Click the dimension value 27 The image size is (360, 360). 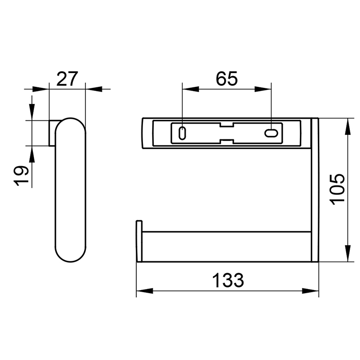pyautogui.click(x=67, y=79)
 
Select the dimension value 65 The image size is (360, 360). pyautogui.click(x=227, y=79)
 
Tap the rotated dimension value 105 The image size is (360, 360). pyautogui.click(x=337, y=189)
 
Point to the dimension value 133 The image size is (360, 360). pyautogui.click(x=228, y=280)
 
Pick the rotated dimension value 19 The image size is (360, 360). pyautogui.click(x=21, y=176)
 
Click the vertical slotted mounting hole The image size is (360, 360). pyautogui.click(x=182, y=133)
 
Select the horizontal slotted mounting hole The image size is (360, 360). pyautogui.click(x=271, y=133)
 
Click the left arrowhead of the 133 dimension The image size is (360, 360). pyautogui.click(x=145, y=291)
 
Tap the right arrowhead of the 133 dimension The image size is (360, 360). pyautogui.click(x=311, y=291)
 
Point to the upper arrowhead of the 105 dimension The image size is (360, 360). pyautogui.click(x=348, y=127)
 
